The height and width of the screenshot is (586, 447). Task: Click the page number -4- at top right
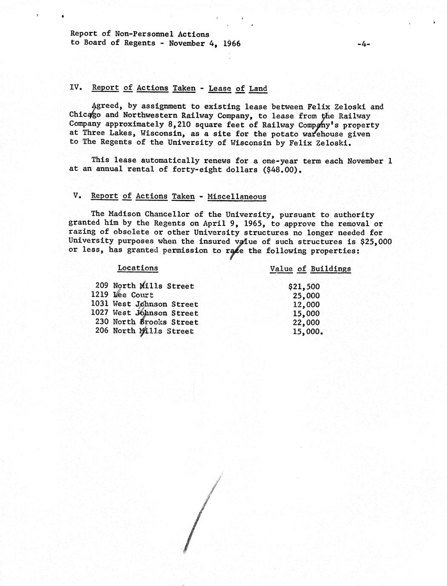(364, 43)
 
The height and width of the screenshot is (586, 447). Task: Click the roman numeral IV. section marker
(76, 88)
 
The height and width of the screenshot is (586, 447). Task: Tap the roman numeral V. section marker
(77, 196)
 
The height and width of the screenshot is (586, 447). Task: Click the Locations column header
(137, 268)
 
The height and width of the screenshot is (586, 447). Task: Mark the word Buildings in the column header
(330, 269)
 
